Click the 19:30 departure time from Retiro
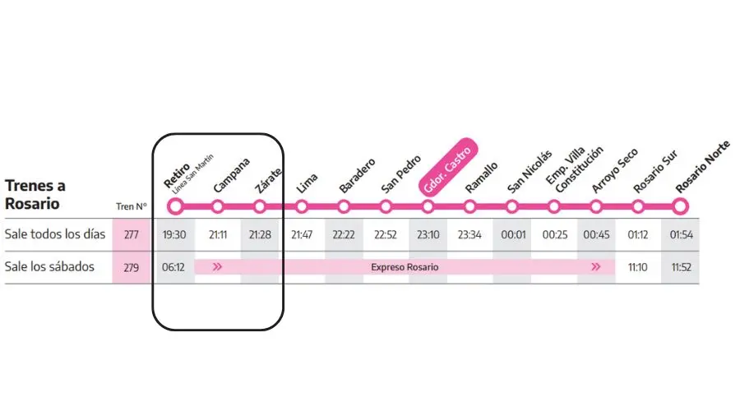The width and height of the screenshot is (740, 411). tap(174, 234)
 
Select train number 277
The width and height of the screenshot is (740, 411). tap(132, 234)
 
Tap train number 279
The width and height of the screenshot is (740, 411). tap(132, 267)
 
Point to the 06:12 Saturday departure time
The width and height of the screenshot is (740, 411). tap(173, 267)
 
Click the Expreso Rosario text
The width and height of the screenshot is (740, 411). tap(405, 267)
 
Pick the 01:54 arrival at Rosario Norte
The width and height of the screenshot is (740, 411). tap(681, 234)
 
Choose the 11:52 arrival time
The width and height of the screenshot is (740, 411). tap(681, 267)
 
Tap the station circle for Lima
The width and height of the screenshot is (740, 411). tap(302, 206)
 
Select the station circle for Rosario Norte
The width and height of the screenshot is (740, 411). tap(680, 206)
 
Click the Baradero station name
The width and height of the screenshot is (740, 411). tap(358, 176)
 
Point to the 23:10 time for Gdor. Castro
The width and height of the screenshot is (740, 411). tap(428, 234)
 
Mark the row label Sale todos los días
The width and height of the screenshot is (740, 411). tap(55, 234)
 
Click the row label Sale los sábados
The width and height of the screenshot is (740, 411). tap(49, 266)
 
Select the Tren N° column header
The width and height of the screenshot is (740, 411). tap(132, 206)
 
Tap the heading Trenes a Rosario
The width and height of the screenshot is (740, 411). tap(35, 195)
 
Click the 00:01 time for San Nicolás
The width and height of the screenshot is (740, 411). tap(513, 234)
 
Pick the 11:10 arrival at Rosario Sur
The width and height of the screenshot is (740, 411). tap(637, 267)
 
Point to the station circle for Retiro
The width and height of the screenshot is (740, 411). tap(175, 206)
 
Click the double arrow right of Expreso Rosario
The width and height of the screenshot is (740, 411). tap(596, 267)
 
